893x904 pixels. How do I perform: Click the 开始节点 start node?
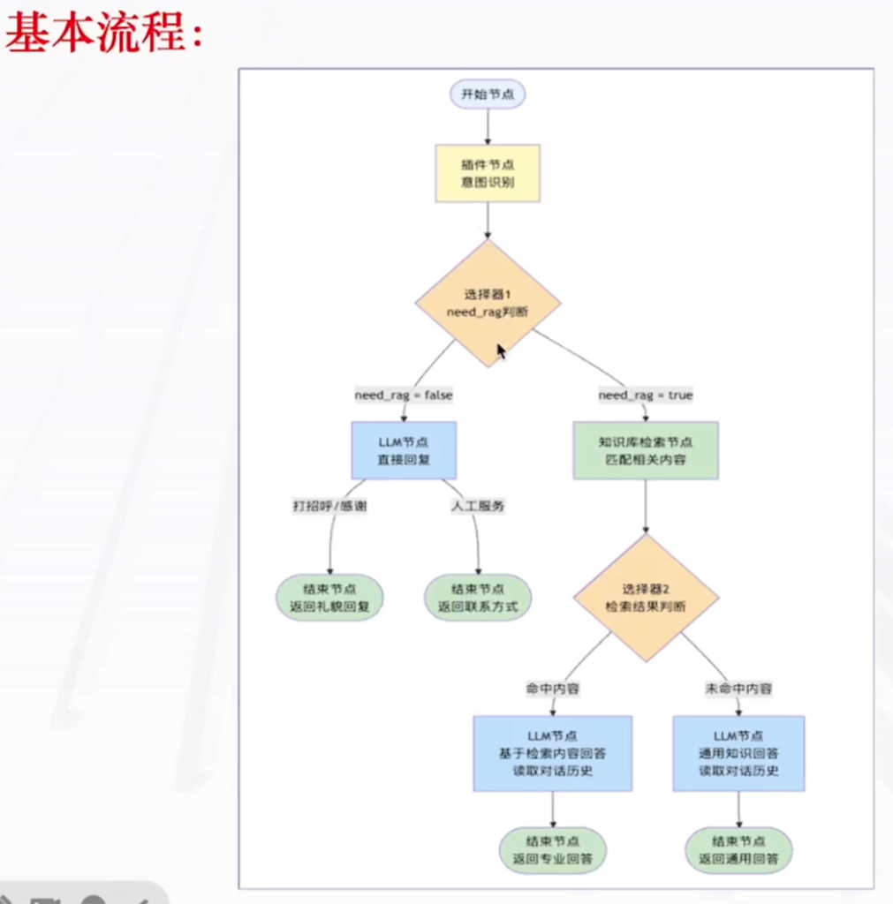pyautogui.click(x=488, y=94)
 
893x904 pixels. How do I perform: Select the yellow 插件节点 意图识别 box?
pyautogui.click(x=488, y=173)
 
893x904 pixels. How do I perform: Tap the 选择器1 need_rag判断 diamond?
pyautogui.click(x=488, y=304)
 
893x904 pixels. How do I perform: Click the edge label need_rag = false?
pyautogui.click(x=404, y=395)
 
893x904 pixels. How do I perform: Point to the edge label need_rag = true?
pyautogui.click(x=646, y=395)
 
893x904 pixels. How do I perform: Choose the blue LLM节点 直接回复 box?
pyautogui.click(x=404, y=450)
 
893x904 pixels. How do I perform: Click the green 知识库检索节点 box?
pyautogui.click(x=646, y=450)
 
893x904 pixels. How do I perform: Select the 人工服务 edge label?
pyautogui.click(x=478, y=507)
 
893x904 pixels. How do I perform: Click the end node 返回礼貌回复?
pyautogui.click(x=329, y=598)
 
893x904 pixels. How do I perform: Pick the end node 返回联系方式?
pyautogui.click(x=478, y=598)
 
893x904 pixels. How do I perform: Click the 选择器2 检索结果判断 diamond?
pyautogui.click(x=646, y=598)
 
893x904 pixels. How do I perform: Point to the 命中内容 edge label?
pyautogui.click(x=553, y=689)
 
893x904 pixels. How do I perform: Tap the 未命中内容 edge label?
pyautogui.click(x=739, y=689)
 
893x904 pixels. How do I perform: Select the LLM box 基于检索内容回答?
pyautogui.click(x=553, y=753)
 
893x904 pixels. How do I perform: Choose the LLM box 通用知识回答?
pyautogui.click(x=739, y=753)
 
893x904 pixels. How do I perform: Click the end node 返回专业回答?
pyautogui.click(x=553, y=849)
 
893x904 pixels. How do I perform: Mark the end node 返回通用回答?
pyautogui.click(x=739, y=849)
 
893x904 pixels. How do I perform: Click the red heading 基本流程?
pyautogui.click(x=104, y=35)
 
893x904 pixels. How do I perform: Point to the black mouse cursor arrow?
pyautogui.click(x=500, y=350)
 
